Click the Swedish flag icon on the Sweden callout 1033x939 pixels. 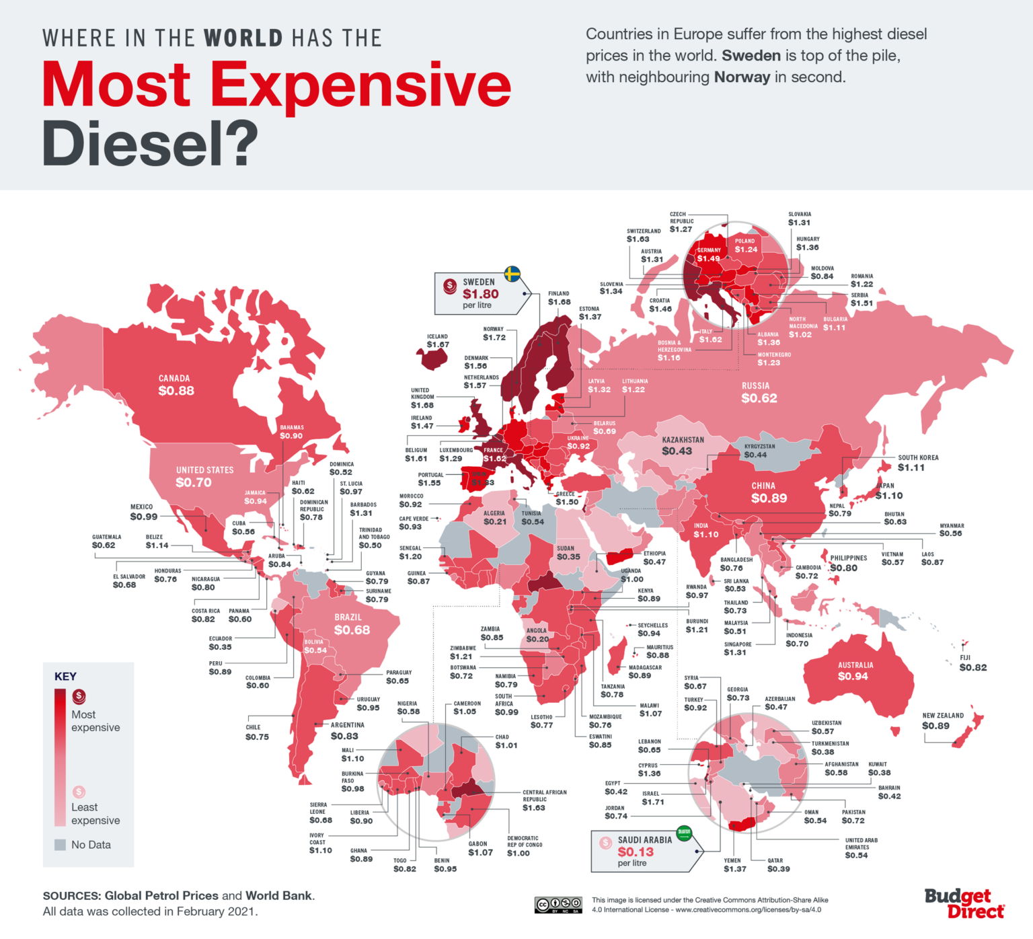512,274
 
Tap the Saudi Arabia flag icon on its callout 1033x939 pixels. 684,832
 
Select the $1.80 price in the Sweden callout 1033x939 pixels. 480,294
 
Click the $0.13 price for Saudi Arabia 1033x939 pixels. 636,852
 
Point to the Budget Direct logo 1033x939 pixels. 964,903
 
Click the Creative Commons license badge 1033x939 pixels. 558,905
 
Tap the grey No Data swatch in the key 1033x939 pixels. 60,845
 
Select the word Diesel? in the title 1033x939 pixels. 150,143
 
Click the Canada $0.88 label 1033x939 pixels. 176,385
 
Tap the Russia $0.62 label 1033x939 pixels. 758,393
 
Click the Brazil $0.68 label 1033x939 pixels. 351,624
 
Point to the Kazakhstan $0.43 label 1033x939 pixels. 682,446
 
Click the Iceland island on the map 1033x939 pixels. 434,359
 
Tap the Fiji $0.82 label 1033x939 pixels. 972,663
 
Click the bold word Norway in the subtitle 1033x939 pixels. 742,77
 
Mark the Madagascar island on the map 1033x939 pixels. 615,657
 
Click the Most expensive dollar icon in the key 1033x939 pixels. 79,696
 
